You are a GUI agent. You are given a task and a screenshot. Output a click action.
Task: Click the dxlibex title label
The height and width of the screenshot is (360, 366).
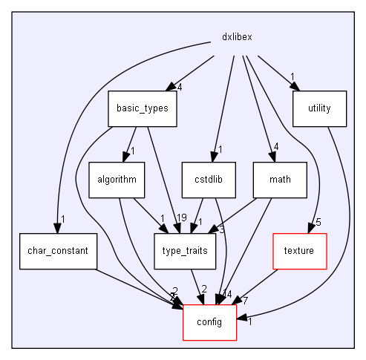238,37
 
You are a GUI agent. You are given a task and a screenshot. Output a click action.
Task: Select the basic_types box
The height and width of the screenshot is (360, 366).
142,108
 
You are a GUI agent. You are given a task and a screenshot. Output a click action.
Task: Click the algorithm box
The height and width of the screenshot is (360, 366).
115,180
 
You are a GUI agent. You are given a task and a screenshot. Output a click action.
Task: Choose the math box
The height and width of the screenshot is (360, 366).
280,180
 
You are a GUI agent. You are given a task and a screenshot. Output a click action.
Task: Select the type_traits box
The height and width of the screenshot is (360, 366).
185,250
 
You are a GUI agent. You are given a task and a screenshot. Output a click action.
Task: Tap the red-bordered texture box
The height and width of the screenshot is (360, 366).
299,250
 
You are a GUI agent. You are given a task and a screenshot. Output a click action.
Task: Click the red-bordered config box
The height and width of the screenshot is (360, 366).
209,321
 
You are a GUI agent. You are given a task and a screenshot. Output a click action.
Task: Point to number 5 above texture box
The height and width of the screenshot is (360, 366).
318,222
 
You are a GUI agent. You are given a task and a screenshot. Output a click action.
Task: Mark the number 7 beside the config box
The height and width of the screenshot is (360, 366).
244,300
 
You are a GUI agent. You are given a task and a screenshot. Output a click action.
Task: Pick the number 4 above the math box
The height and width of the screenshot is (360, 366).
275,147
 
